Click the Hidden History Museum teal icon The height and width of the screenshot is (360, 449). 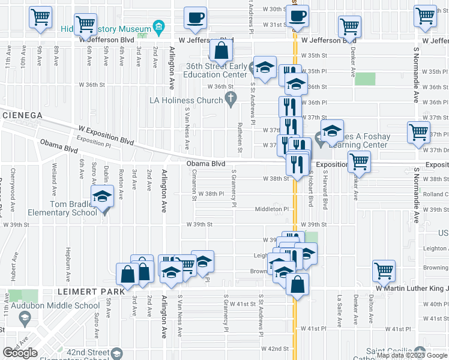tap(158, 27)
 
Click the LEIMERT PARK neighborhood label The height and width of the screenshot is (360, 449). tap(90, 291)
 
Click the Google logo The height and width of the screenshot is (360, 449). tap(20, 353)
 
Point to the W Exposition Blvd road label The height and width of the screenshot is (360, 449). tap(106, 135)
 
